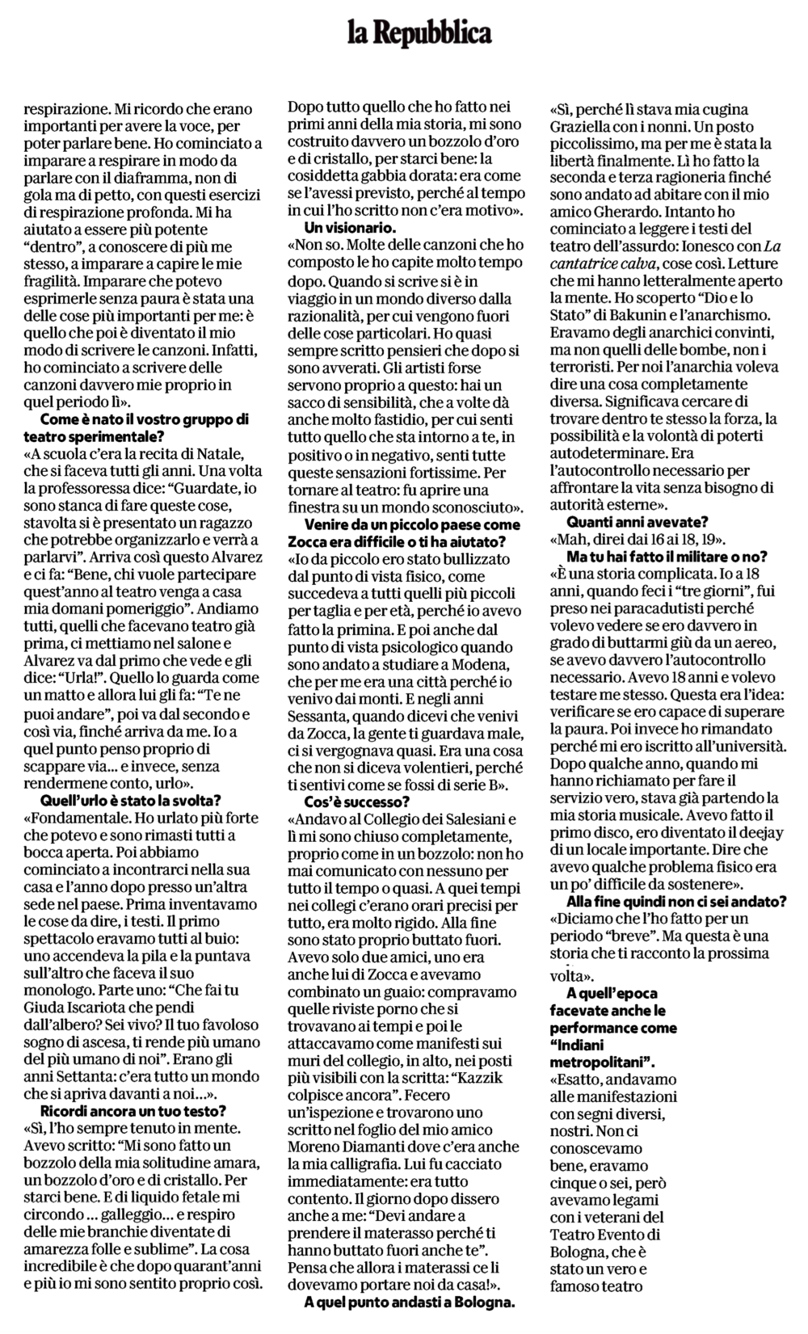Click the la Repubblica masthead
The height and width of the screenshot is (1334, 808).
(420, 33)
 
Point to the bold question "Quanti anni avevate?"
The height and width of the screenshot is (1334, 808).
(638, 522)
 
